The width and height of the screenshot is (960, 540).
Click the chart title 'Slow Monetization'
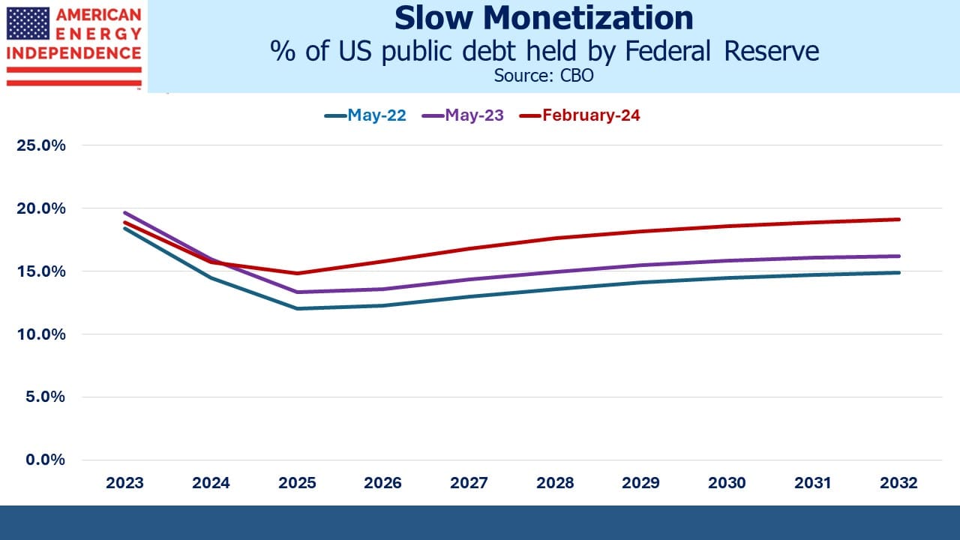click(544, 19)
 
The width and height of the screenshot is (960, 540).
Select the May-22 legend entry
click(365, 115)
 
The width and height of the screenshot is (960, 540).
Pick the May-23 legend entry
click(463, 115)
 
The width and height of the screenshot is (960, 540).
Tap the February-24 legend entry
click(580, 115)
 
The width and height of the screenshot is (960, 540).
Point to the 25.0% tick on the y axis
click(41, 145)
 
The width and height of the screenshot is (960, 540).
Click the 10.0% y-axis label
click(41, 334)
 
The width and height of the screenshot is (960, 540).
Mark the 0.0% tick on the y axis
click(46, 460)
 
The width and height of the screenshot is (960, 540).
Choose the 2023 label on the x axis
click(124, 483)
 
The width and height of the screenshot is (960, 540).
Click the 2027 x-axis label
click(469, 483)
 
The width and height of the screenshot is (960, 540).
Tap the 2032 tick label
click(898, 483)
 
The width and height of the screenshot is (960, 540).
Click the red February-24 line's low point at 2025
click(297, 273)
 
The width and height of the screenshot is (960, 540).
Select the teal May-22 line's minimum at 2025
click(297, 308)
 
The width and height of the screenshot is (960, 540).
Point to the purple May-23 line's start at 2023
click(124, 212)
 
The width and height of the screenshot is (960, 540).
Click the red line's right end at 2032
click(898, 220)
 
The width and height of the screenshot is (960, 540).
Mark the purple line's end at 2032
click(898, 256)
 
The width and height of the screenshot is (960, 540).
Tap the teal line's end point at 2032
click(898, 272)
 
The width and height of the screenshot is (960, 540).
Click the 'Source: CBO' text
click(544, 76)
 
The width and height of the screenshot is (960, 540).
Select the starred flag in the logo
click(28, 23)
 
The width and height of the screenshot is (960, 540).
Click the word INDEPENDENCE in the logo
click(73, 53)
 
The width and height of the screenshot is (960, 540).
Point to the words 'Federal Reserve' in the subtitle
click(722, 51)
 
